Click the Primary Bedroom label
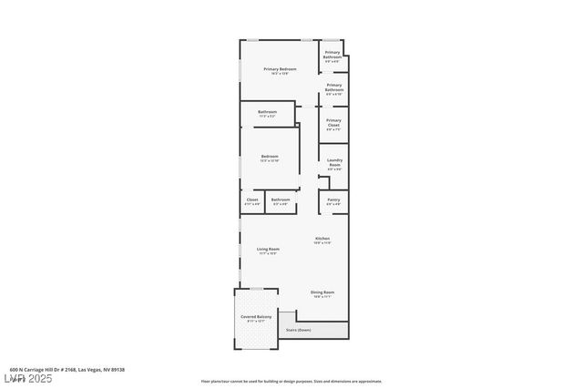tap(280, 69)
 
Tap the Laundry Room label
tap(334, 163)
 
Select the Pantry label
tap(333, 200)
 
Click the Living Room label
tap(267, 249)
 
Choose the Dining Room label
tap(322, 292)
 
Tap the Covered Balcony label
tap(256, 316)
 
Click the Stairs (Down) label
tap(299, 330)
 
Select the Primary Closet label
tap(333, 122)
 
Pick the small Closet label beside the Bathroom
tap(252, 200)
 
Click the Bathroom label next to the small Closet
tap(281, 200)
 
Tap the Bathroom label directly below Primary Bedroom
tap(267, 112)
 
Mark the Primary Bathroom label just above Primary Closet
tap(334, 88)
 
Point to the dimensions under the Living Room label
tap(267, 253)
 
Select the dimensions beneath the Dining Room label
tap(322, 297)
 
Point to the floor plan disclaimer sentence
tap(291, 381)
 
